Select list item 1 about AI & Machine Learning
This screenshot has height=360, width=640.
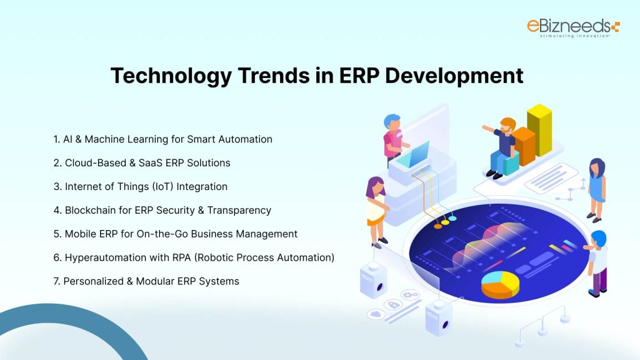162,139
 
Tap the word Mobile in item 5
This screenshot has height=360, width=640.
81,234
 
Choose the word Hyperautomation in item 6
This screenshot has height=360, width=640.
104,257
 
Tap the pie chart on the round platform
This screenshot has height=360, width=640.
500,284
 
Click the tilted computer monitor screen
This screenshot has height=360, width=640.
419,152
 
